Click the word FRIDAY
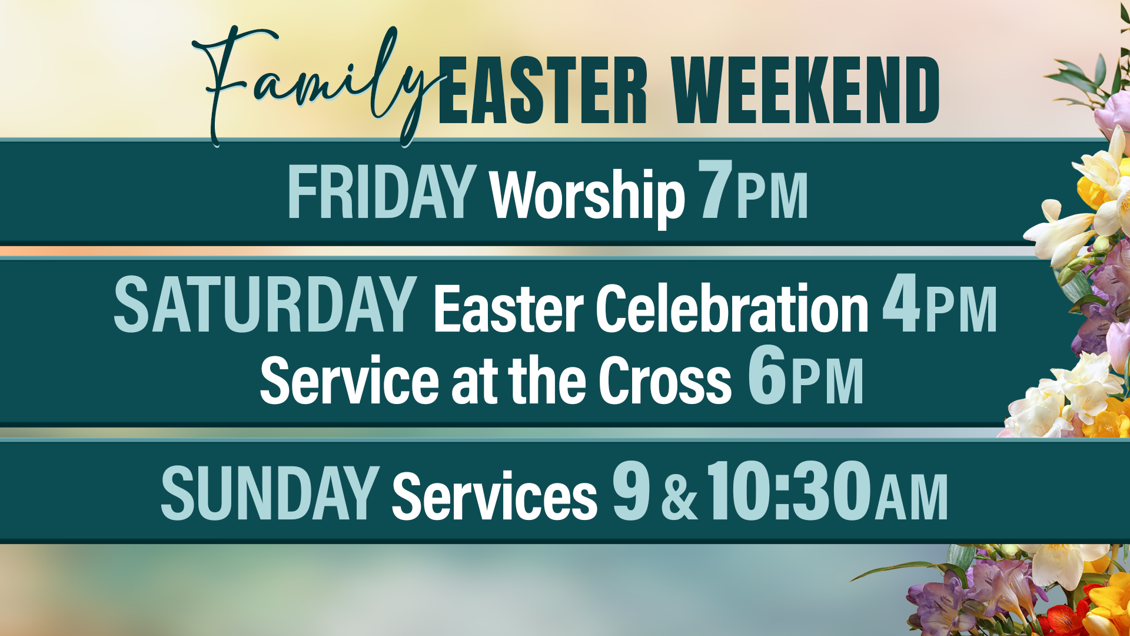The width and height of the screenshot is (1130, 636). [x=382, y=191]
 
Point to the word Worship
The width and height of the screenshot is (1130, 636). [x=587, y=197]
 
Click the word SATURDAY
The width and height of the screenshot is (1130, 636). [x=265, y=304]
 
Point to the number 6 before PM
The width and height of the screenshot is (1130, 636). [x=767, y=375]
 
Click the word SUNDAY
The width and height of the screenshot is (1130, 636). [x=270, y=493]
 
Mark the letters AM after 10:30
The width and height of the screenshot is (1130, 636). [x=911, y=498]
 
